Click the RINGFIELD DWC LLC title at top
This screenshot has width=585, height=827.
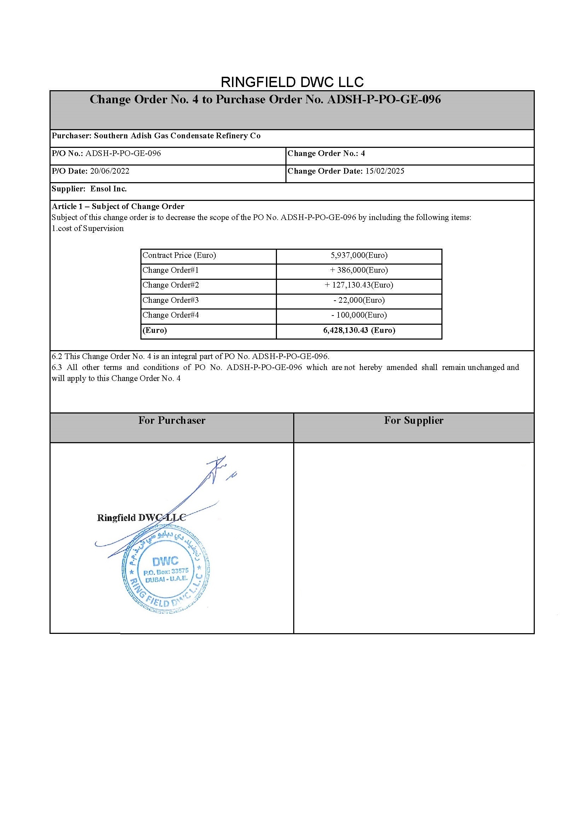(292, 82)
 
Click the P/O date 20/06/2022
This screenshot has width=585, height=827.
(110, 171)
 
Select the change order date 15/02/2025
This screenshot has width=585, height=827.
(384, 171)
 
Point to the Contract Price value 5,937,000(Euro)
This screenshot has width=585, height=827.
(359, 255)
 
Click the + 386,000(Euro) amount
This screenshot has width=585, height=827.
(359, 270)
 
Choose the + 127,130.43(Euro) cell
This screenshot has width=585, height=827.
(359, 285)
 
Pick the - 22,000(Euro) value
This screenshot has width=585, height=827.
(359, 300)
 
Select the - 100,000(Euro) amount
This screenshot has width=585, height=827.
(359, 315)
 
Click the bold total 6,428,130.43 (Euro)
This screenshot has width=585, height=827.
(359, 330)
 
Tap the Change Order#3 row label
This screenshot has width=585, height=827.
(170, 300)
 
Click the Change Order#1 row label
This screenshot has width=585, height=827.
(170, 270)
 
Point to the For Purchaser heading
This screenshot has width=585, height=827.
(172, 420)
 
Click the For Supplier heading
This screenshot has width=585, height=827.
(413, 420)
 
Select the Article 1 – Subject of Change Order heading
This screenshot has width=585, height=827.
(118, 206)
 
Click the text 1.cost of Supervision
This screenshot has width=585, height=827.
(87, 229)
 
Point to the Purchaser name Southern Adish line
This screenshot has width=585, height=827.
(156, 136)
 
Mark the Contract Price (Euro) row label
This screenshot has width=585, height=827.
(179, 255)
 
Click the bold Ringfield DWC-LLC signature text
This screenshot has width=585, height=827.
(141, 518)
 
